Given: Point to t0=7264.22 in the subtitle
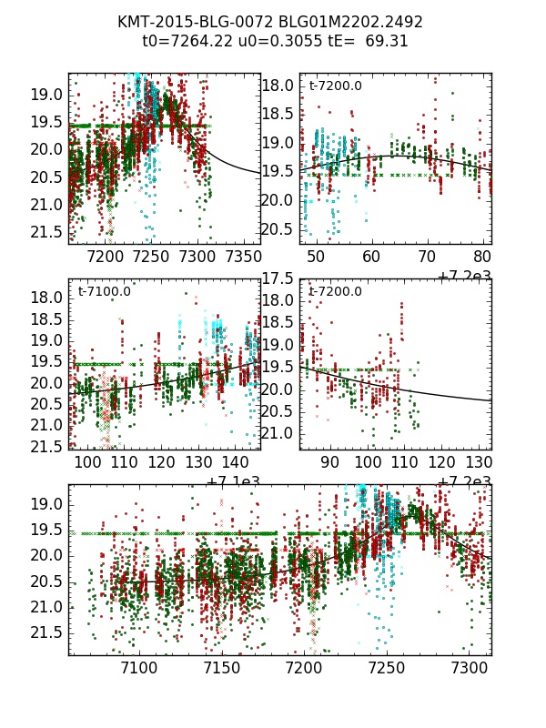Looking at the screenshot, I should [x=182, y=41].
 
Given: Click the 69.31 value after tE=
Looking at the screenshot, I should [x=388, y=41].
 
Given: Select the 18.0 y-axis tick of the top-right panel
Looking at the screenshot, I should [x=279, y=86].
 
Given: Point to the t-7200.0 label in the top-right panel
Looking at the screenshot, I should [x=335, y=86].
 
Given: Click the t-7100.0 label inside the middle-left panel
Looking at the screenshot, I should [x=104, y=292].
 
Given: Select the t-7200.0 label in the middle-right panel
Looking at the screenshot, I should [x=335, y=292].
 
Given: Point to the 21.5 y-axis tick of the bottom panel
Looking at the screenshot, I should [x=47, y=632].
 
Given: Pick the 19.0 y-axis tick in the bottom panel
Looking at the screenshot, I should [x=47, y=504].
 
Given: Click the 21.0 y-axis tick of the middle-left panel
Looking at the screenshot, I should [x=47, y=425].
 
